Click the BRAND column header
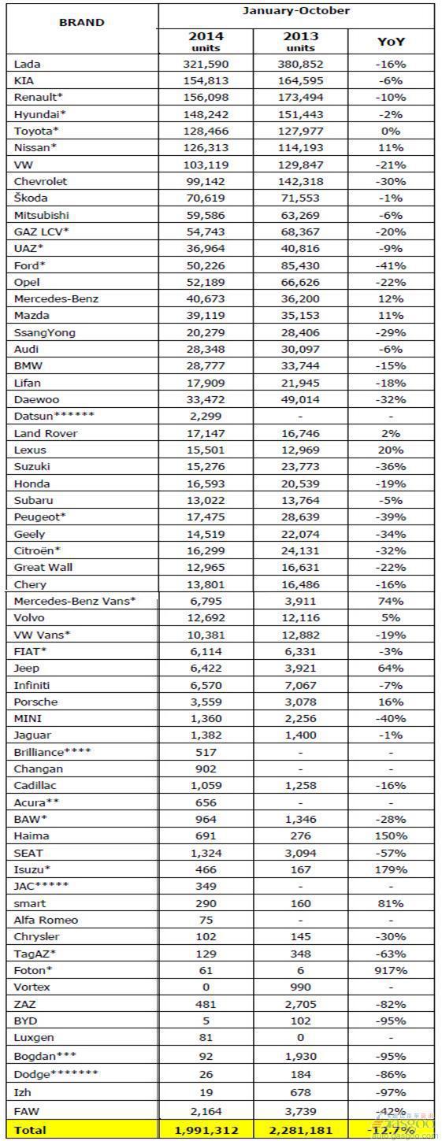82,22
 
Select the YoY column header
391,41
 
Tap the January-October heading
296,11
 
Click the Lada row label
27,65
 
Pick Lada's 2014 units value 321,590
206,65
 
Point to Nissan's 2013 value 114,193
301,148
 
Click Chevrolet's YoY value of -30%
391,181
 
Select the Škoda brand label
31,198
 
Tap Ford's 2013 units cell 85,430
301,265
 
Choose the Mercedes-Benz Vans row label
75,601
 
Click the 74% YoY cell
391,601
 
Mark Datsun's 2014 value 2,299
206,416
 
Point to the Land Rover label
46,433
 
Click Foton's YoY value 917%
391,970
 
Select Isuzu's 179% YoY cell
391,869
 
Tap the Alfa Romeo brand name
46,920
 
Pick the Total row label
30,1130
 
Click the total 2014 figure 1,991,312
206,1130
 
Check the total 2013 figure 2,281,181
301,1130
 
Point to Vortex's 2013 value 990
300,987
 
